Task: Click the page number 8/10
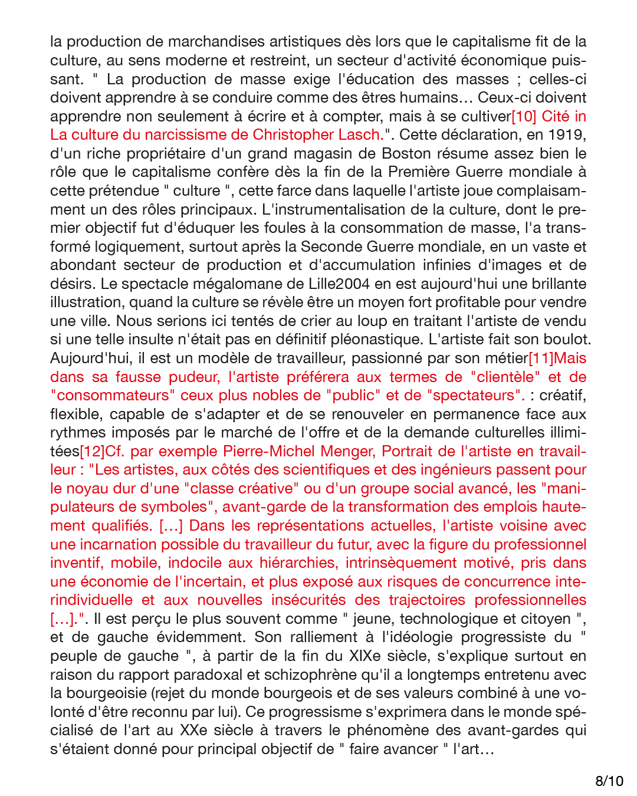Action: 609,781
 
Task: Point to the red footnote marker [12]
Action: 92,451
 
